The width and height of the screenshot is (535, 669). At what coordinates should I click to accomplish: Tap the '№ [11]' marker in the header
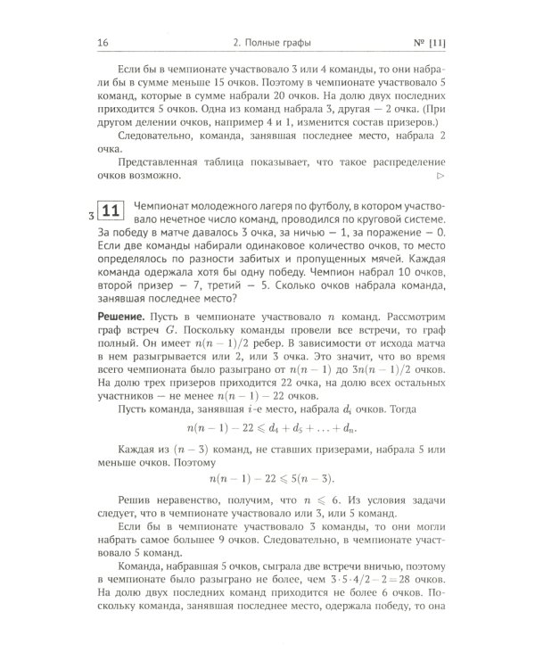[x=430, y=42]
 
